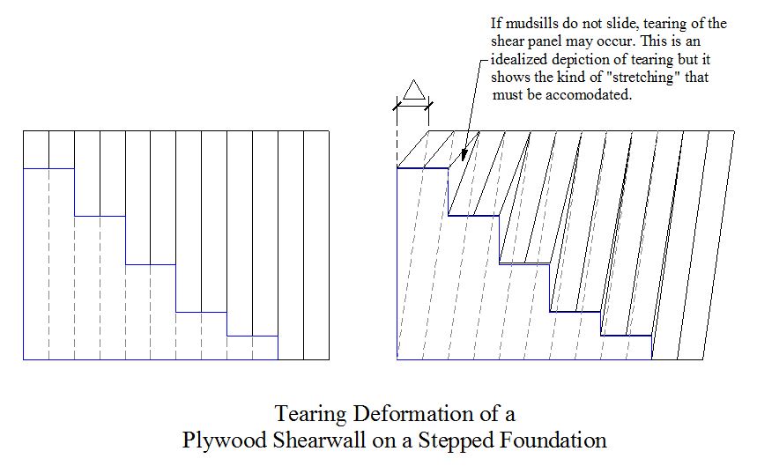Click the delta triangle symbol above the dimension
pos(413,90)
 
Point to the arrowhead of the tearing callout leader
pos(464,156)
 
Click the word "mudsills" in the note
pos(527,23)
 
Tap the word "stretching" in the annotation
pos(639,77)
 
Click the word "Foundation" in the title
pos(553,440)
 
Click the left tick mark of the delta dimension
pos(397,106)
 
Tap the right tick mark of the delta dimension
pos(428,106)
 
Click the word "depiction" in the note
pos(579,59)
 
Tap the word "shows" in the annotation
pos(507,77)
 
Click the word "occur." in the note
pos(614,41)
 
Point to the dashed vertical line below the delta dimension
pos(397,140)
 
